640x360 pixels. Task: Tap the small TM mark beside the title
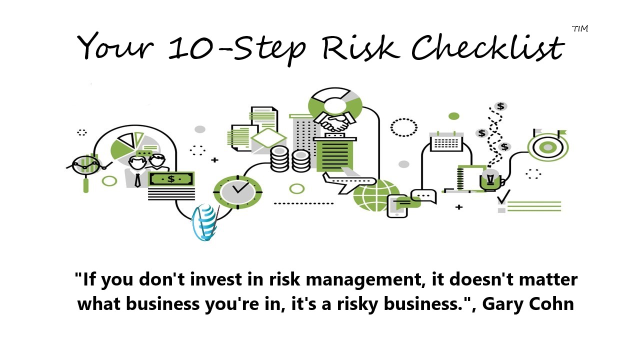coord(580,29)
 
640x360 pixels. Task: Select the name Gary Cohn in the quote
coord(528,303)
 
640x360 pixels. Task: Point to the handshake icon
coord(335,121)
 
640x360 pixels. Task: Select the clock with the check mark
coord(237,191)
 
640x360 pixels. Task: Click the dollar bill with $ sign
coord(171,179)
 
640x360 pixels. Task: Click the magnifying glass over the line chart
coord(85,171)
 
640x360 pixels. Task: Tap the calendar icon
coord(446,141)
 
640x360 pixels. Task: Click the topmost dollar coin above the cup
coord(500,106)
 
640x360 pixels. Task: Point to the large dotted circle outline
coord(403,127)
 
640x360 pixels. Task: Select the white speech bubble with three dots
coord(424,196)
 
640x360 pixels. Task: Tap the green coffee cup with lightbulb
coord(491,180)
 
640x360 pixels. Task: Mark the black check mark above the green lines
coord(503,196)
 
